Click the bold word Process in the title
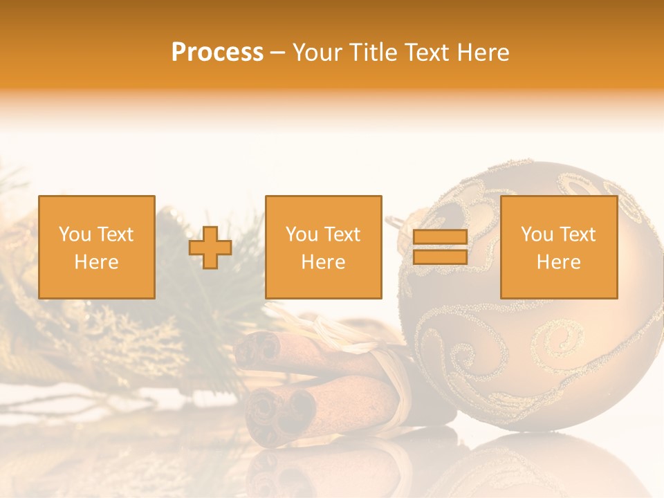tap(217, 53)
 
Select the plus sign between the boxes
tap(210, 248)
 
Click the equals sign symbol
tap(440, 247)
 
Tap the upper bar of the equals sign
tap(440, 238)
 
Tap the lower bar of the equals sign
tap(440, 257)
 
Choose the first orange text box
tap(97, 247)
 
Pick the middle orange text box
tap(323, 247)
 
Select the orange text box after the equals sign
tap(559, 247)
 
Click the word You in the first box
tap(75, 234)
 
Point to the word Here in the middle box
tap(323, 262)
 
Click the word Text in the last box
tap(576, 234)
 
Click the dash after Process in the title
tap(277, 53)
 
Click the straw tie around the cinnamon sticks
tap(387, 373)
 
